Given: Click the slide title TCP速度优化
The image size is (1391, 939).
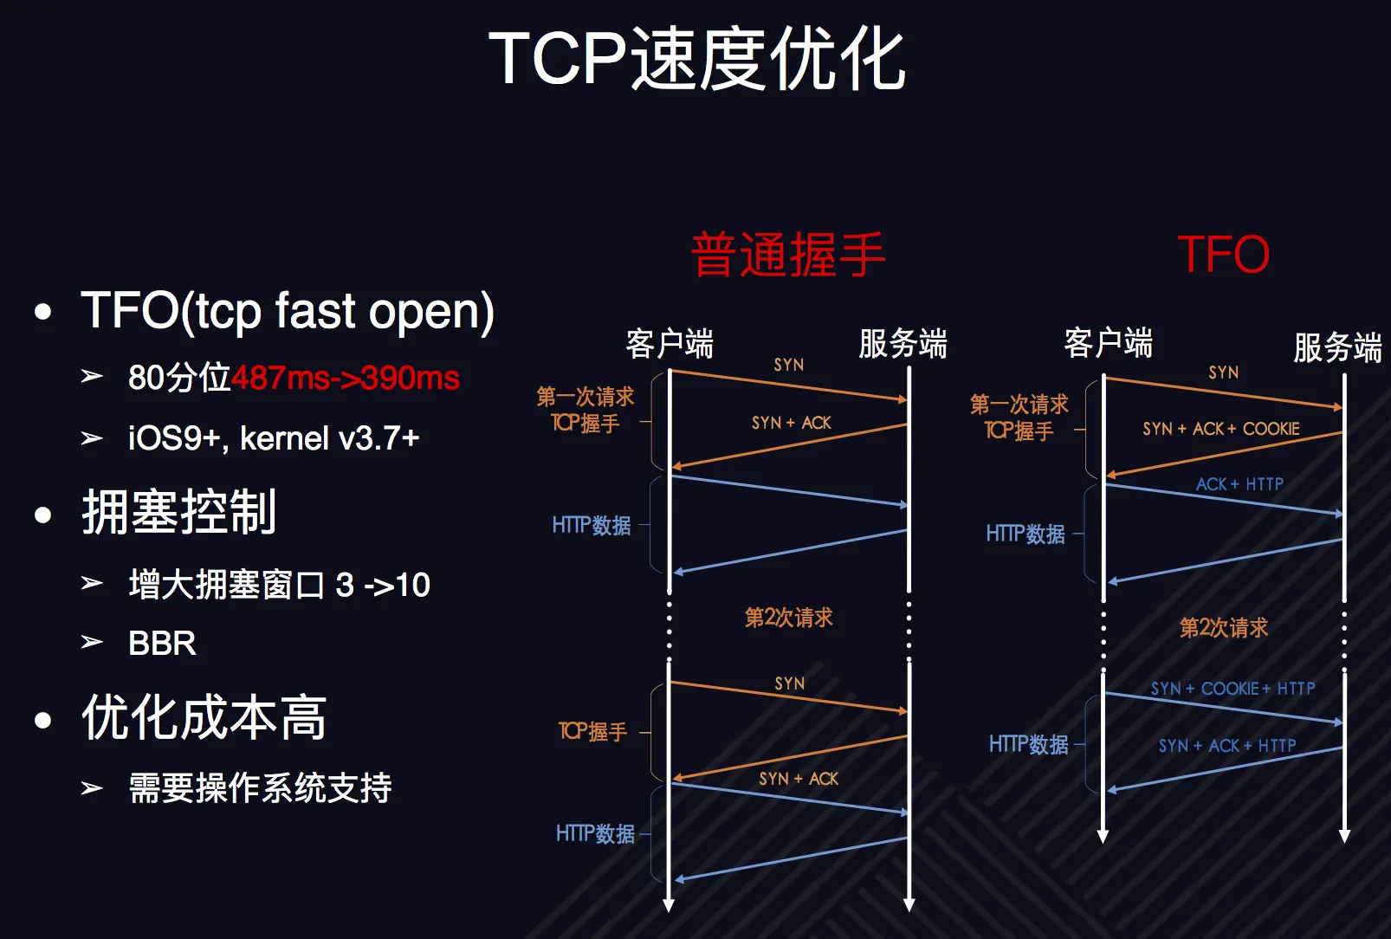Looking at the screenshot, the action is pos(696,59).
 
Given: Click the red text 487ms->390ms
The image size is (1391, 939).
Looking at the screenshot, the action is pos(345,379).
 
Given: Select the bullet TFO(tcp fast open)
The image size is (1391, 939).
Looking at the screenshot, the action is pos(287,311).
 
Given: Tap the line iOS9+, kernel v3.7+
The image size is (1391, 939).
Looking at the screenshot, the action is pos(274,438).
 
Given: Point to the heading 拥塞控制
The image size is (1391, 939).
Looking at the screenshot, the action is pos(179,512).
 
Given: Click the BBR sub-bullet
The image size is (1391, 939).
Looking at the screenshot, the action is pos(162,644).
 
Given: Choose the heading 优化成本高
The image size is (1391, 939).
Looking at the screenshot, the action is pos(204,717).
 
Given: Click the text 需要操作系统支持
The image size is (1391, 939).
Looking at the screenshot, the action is pos(260,788).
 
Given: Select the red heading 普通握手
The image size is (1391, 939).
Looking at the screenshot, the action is pos(787,255).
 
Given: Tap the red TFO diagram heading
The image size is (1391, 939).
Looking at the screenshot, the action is pos(1223,255).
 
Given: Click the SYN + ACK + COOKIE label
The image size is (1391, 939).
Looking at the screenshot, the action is pos(1220,429).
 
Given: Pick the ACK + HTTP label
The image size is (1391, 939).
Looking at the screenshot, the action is pos(1239,484).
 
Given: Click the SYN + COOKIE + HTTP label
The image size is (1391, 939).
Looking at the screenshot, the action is pos(1232,689).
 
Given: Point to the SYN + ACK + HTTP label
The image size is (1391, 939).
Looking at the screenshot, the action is pos(1226,746).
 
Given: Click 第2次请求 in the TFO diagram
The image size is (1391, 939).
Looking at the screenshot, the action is pos(1223,628).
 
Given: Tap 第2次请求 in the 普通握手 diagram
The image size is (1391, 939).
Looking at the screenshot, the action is pos(788,618).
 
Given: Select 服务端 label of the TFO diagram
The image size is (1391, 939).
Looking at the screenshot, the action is pos(1336,347).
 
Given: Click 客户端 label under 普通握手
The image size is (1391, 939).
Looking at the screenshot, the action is pos(670,344).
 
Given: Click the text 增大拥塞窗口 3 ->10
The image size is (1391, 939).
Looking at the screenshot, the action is pos(279,586).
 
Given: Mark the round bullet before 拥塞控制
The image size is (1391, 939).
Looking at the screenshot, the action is pos(43,515).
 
